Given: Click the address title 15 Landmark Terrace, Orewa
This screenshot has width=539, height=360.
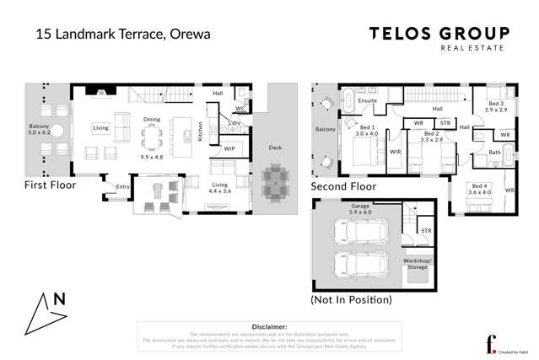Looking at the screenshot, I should coord(122,35).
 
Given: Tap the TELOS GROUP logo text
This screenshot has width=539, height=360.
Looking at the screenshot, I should coord(439,34).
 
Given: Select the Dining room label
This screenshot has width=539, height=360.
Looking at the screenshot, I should coord(151,120).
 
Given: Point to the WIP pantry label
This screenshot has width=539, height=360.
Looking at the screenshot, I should coord(229,149).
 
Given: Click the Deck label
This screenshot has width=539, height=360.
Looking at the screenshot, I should coord(275,148).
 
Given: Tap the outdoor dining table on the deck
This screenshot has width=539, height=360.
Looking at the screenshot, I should coord(274,180).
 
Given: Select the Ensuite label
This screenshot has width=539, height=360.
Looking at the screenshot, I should coord(367,100).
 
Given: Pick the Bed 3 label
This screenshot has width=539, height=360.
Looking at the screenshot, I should coord(494,104).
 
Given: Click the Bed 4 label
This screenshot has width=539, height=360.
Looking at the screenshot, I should coord(481,185).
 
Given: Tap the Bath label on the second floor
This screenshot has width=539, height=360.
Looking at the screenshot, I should coord(494,153).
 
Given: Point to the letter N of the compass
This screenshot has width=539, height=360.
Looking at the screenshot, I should coord(59,298).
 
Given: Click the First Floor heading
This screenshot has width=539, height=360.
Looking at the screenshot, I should coord(51,185).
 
